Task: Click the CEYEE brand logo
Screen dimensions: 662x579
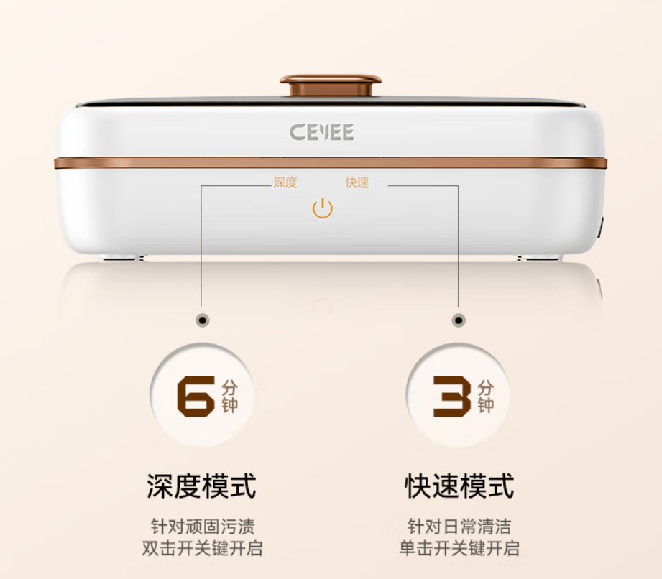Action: coord(322,132)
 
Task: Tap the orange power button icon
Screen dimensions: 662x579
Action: coord(323,208)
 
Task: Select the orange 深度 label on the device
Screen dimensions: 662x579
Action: coord(285,182)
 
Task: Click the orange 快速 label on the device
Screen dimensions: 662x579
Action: coord(357,182)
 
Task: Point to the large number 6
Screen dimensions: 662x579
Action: coord(196,397)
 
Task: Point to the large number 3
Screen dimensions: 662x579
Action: coord(452,397)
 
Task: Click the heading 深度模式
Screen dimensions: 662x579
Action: coord(201,486)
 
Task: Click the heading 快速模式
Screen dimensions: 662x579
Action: coord(459,486)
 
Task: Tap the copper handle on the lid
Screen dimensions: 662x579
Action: coord(331,85)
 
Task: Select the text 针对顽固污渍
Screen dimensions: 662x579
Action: coord(203,527)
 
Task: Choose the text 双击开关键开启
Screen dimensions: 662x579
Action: coord(202,548)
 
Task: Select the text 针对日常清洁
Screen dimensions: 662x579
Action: coord(459,527)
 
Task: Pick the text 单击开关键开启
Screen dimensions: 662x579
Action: coord(459,548)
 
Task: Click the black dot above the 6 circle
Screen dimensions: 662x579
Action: coord(203,320)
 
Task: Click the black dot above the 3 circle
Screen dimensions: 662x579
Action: coord(459,320)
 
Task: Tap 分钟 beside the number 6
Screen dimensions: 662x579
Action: coord(230,397)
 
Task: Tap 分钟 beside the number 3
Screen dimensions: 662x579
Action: coord(486,397)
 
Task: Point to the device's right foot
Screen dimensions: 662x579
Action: coord(540,257)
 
